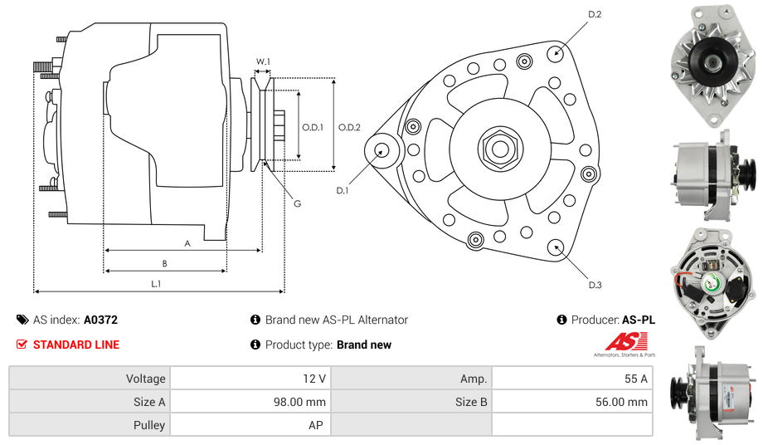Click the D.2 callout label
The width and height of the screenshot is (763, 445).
pyautogui.click(x=595, y=14)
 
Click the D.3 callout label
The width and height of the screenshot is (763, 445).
pyautogui.click(x=595, y=285)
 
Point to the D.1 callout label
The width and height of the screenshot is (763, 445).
pyautogui.click(x=343, y=191)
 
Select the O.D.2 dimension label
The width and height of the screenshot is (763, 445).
pyautogui.click(x=349, y=127)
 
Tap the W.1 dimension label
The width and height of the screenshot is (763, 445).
pyautogui.click(x=263, y=61)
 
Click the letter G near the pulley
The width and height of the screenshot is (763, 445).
pyautogui.click(x=297, y=203)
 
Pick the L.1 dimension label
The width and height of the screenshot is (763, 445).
pyautogui.click(x=155, y=283)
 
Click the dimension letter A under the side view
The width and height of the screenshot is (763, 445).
pyautogui.click(x=187, y=243)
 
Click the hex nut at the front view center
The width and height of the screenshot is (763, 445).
pyautogui.click(x=499, y=149)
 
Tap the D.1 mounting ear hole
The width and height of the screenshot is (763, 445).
pyautogui.click(x=383, y=150)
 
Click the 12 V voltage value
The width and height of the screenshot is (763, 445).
pyautogui.click(x=314, y=379)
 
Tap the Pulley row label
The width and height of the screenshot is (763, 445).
pyautogui.click(x=149, y=425)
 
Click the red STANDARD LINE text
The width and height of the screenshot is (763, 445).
pyautogui.click(x=76, y=345)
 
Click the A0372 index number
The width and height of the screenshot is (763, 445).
pyautogui.click(x=101, y=320)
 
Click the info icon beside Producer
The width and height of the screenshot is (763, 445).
pyautogui.click(x=561, y=320)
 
